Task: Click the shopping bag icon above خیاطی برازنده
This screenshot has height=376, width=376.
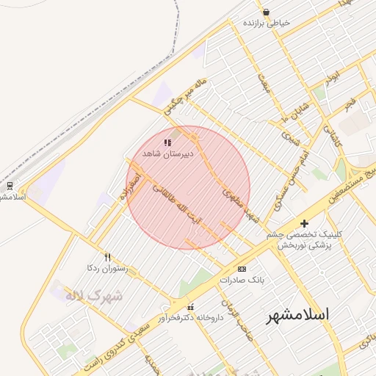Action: point(265,12)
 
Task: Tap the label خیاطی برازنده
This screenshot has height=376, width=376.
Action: point(267,23)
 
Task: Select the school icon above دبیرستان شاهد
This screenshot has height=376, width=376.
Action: point(167,143)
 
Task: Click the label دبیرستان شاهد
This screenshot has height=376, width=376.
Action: point(167,154)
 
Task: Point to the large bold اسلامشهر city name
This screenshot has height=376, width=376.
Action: point(297,314)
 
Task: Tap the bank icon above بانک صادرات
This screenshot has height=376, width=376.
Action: point(242,270)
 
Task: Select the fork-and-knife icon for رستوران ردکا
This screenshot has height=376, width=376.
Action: point(107,257)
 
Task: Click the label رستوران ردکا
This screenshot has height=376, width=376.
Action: point(107,268)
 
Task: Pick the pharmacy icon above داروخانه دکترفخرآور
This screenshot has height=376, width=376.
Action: point(191,307)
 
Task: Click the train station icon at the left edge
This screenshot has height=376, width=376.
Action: point(10,185)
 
